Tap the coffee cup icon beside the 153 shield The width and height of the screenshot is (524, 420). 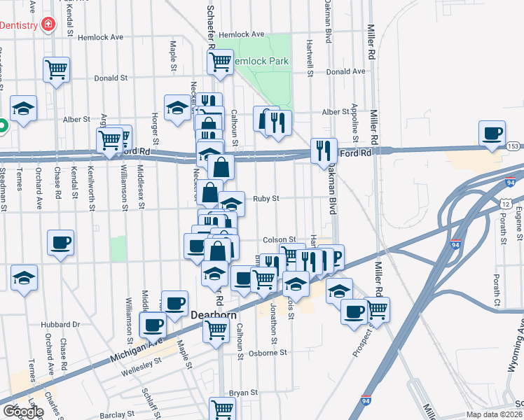click(492, 133)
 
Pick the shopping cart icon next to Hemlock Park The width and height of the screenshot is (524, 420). click(220, 61)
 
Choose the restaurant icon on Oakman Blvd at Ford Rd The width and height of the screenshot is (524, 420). click(324, 150)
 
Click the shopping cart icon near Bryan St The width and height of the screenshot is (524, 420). click(222, 409)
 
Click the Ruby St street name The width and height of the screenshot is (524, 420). click(266, 199)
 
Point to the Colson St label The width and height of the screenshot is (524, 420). click(280, 239)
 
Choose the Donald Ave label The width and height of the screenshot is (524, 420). click(346, 71)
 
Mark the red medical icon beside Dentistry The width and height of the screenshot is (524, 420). click(48, 25)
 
